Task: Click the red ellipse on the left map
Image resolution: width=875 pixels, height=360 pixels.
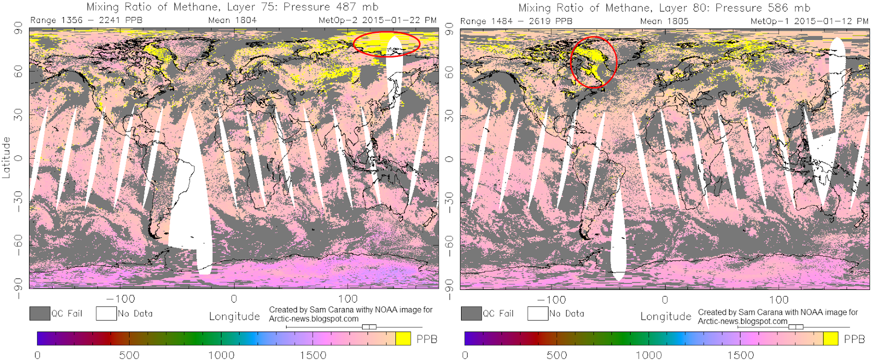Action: coord(353,44)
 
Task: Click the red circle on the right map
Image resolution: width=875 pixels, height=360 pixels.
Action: coord(571,62)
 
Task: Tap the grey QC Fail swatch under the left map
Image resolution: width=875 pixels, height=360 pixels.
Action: coord(40,313)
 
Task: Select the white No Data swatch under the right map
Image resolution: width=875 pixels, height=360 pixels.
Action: coord(538,313)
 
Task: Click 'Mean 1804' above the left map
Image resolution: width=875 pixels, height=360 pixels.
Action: coord(232,20)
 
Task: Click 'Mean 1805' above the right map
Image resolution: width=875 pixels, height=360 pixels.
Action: coord(664,21)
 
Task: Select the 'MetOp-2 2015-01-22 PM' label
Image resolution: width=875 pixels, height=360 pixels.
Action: coord(378,20)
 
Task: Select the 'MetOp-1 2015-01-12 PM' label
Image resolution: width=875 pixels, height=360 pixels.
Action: coord(809,21)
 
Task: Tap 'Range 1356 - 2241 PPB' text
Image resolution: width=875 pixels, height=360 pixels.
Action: coord(86,20)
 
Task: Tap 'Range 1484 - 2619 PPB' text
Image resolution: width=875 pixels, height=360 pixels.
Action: coord(516,21)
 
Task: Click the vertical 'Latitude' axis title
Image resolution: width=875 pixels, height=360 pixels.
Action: coord(6,158)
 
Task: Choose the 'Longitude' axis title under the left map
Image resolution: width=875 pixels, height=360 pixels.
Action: coord(235,316)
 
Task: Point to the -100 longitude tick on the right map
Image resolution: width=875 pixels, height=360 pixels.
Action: coord(551,300)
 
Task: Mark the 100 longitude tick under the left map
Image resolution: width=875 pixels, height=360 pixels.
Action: coord(348,299)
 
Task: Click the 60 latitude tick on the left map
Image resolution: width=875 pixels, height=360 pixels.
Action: coord(19,71)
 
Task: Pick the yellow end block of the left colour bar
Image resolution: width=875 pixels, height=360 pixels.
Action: coord(403,339)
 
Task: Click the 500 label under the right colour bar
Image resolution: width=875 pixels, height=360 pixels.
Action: coord(557,355)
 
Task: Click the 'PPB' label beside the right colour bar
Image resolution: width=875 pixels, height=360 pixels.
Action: coord(854,339)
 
